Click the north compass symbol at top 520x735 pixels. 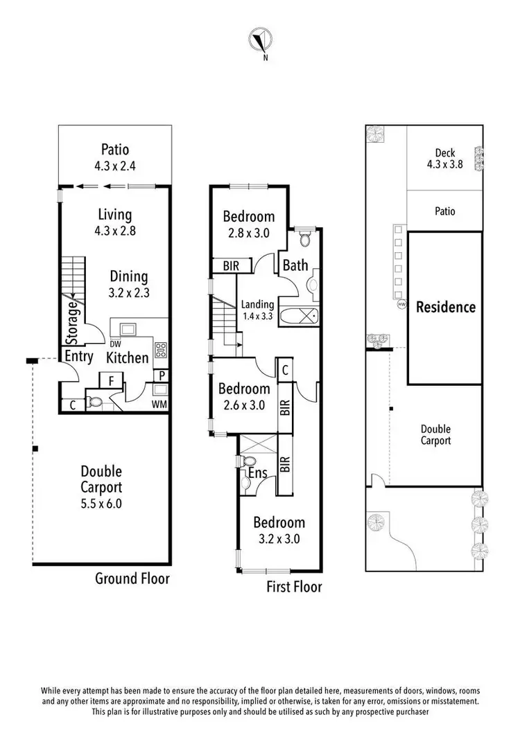point(260,41)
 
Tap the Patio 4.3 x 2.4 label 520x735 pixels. point(115,156)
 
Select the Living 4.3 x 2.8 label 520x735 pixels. point(115,222)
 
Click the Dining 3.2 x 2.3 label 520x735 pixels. point(129,283)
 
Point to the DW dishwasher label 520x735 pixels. point(112,343)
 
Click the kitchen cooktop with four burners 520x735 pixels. point(161,349)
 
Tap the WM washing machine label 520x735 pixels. point(160,404)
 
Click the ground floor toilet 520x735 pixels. point(94,403)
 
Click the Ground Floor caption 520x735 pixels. point(132,578)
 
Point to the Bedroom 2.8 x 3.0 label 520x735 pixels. point(248,224)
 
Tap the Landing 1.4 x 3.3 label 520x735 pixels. point(257,310)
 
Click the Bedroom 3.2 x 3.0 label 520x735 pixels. point(279,531)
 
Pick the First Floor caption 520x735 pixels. point(295,587)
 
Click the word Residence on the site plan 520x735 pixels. point(445,307)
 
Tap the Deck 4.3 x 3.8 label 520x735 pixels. point(444,159)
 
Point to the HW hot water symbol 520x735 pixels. point(401,304)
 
